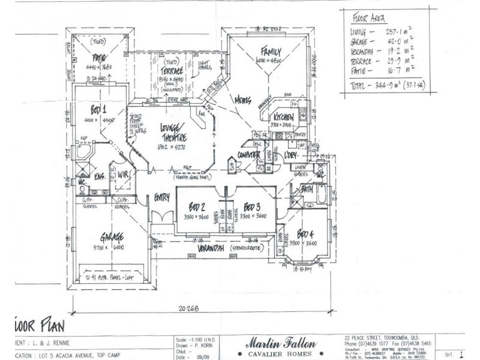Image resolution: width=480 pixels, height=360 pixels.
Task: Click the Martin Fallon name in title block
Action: pyautogui.click(x=280, y=342)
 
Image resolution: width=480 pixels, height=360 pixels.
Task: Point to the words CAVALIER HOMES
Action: pyautogui.click(x=280, y=353)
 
